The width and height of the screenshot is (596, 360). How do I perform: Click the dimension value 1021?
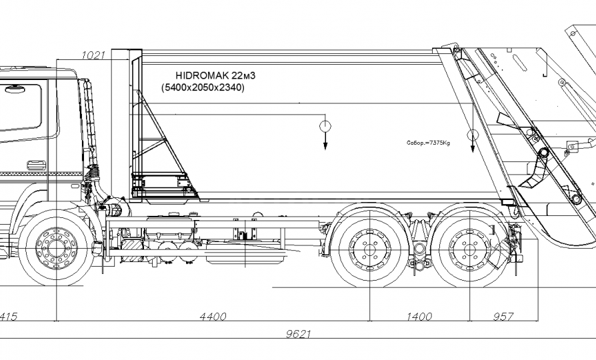93,55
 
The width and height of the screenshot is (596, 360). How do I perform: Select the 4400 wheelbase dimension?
213,317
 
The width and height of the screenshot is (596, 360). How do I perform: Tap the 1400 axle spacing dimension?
419,317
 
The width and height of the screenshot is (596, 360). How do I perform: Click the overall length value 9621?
298,335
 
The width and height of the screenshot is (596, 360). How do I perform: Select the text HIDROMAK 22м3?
207,76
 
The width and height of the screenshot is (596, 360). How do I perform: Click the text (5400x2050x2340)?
203,87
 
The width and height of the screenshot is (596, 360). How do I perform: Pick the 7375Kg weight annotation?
428,143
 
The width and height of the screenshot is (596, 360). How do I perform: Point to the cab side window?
20,107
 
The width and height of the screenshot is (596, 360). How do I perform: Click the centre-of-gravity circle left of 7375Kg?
325,126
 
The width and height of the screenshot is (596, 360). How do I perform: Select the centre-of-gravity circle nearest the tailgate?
473,136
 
